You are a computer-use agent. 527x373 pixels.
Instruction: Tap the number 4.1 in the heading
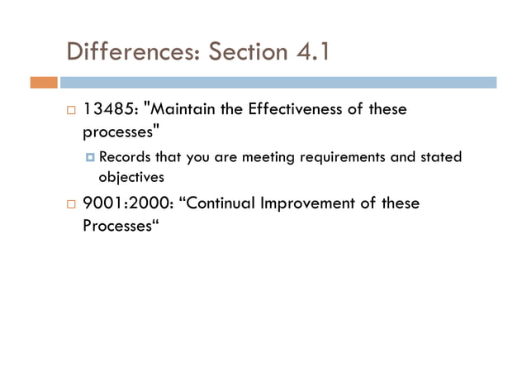[312, 53]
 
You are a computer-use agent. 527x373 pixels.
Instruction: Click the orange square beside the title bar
[44, 83]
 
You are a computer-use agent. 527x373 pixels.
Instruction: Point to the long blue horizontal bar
[278, 83]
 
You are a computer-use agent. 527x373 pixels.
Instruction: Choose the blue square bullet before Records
[90, 157]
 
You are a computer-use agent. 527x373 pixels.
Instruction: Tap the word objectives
[131, 176]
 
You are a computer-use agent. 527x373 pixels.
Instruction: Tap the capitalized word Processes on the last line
[118, 225]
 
